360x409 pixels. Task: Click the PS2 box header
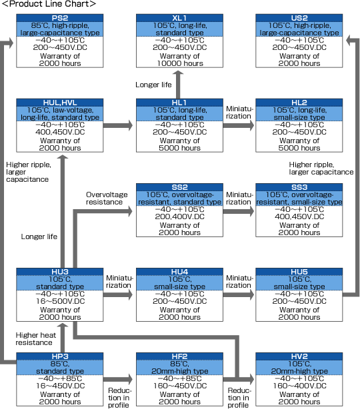60,18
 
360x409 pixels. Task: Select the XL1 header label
179,18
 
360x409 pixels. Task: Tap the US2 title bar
299,18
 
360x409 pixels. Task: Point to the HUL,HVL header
60,103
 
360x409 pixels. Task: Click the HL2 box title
299,103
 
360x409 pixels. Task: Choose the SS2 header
179,187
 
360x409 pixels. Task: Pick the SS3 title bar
299,187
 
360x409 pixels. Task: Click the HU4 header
179,272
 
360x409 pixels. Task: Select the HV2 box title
299,356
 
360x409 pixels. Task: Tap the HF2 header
179,356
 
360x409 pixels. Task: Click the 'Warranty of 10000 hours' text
180,60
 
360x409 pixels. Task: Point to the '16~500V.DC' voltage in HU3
60,301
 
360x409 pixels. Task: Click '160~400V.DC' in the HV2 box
300,386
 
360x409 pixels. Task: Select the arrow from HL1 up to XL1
178,85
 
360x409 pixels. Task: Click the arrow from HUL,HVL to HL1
118,125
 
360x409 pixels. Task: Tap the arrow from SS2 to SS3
239,211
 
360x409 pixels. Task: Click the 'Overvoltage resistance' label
107,199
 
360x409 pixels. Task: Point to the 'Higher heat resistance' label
36,338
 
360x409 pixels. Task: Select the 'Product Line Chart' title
49,4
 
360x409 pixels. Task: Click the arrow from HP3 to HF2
118,379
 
